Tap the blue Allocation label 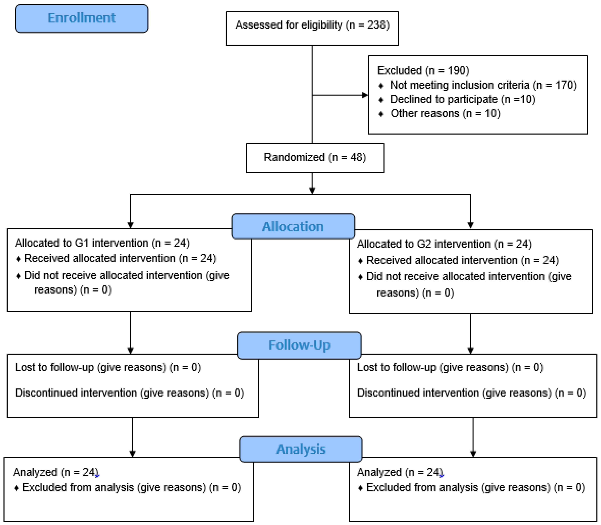tap(293, 226)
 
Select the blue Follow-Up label tap(299, 345)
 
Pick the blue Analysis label tap(301, 449)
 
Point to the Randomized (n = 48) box tap(315, 158)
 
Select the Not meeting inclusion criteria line tap(483, 85)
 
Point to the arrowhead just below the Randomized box tap(312, 190)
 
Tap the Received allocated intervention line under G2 tap(462, 260)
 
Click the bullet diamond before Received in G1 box tap(18, 259)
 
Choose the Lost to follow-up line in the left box tap(108, 367)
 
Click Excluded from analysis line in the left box tap(131, 487)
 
